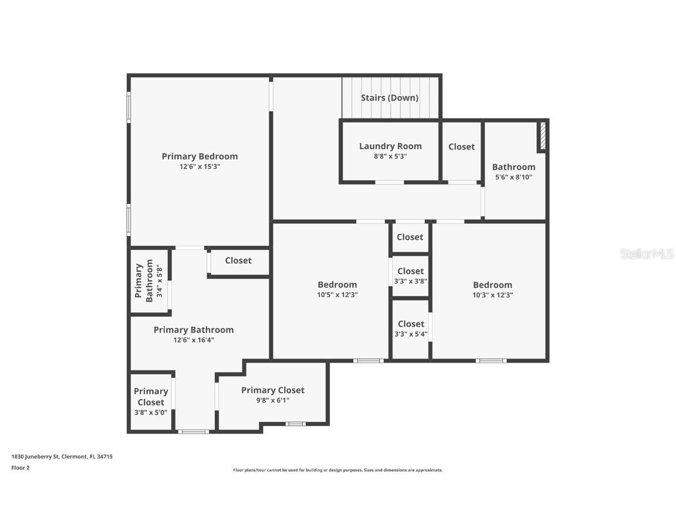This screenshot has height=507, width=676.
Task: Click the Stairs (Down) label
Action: (x=390, y=98)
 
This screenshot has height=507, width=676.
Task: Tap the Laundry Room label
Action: (x=390, y=146)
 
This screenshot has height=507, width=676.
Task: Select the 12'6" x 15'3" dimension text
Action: (x=200, y=167)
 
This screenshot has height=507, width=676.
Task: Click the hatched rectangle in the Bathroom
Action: (x=543, y=136)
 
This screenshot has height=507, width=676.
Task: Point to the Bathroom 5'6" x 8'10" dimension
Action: (x=513, y=177)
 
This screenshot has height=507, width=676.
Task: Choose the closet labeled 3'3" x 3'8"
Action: (x=410, y=281)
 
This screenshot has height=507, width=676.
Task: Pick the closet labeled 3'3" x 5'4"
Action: (x=411, y=334)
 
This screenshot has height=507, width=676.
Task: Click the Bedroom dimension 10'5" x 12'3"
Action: (x=337, y=295)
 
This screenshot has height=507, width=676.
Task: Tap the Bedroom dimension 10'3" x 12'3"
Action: (x=493, y=295)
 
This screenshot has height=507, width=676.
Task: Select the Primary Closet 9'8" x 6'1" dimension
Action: (x=273, y=401)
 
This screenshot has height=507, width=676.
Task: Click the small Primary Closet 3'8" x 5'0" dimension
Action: (x=151, y=413)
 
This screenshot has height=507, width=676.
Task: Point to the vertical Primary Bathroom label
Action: (x=144, y=281)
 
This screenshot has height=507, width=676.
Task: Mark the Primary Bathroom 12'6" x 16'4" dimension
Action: (x=194, y=340)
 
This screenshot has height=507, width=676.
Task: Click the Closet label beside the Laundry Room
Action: (x=461, y=147)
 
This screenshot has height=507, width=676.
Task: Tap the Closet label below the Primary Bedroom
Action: (x=238, y=261)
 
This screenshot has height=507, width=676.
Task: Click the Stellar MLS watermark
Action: (x=647, y=254)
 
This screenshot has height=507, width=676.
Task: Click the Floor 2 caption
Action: (x=20, y=468)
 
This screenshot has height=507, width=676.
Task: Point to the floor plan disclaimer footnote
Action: (x=338, y=470)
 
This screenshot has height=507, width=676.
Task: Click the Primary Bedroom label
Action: (x=200, y=156)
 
